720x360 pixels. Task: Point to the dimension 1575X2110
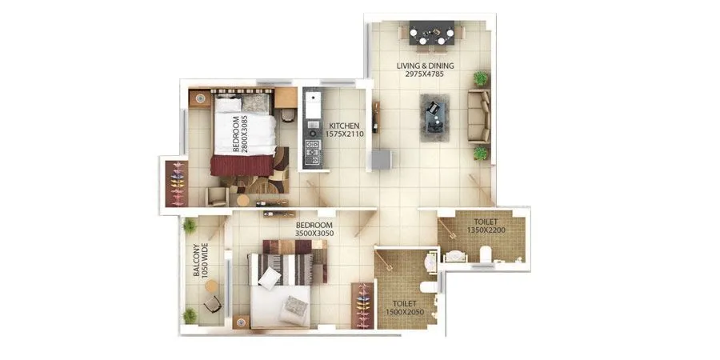(x=346, y=134)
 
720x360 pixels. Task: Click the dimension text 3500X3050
(x=314, y=234)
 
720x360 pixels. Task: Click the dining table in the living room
(x=432, y=35)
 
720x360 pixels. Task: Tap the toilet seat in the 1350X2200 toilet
(x=485, y=254)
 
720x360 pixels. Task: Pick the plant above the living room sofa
(x=480, y=78)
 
